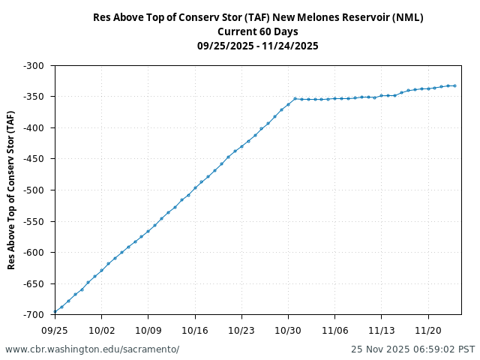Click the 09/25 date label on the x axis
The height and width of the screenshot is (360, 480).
(55, 329)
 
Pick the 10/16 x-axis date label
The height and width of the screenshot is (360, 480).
(195, 329)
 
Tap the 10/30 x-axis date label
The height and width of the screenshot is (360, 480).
(288, 329)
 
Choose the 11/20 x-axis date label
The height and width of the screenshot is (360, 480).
(428, 329)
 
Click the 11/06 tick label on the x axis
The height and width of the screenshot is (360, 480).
(334, 329)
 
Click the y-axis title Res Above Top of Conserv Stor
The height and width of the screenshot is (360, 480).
(11, 190)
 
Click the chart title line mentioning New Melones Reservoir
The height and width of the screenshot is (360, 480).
(258, 17)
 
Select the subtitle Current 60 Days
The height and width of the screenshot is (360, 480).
(258, 31)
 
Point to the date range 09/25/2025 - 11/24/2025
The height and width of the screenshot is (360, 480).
(258, 46)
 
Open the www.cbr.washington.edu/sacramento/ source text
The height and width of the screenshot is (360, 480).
(92, 349)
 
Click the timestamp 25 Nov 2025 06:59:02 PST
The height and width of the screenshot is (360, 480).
(412, 349)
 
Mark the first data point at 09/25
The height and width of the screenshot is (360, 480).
(55, 312)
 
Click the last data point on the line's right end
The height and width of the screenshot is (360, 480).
(454, 85)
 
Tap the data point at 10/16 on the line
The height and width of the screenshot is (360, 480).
(195, 187)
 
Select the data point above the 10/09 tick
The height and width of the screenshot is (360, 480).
(148, 231)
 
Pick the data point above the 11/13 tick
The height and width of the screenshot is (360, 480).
(382, 96)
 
